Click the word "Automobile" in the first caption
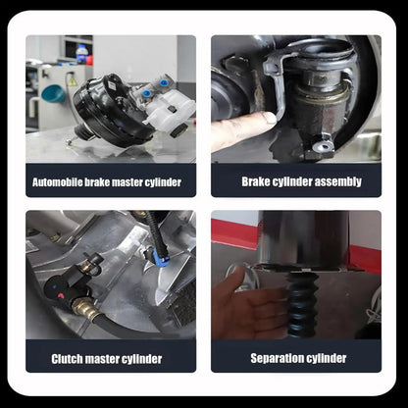(58, 182)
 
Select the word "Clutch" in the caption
(67, 359)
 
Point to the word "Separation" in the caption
(274, 358)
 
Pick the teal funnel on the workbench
(53, 93)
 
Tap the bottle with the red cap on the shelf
(81, 54)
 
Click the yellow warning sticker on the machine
(73, 81)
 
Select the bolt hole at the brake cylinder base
(323, 146)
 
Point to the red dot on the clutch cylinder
(61, 296)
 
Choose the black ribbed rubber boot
(301, 305)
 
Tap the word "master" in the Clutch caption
(103, 359)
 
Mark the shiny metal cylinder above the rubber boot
(304, 238)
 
